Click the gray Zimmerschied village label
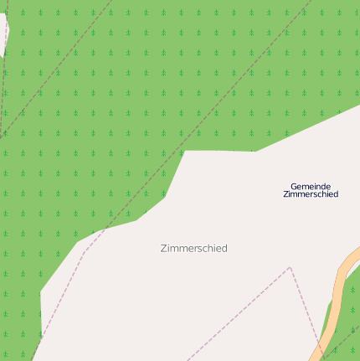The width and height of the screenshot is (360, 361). [193, 249]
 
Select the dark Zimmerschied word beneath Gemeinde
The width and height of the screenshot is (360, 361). [310, 194]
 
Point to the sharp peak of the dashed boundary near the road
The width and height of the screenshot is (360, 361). [290, 268]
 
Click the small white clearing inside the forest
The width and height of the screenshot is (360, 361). [3, 34]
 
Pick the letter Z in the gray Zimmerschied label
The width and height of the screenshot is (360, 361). [162, 249]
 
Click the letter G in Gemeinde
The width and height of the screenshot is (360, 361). [294, 186]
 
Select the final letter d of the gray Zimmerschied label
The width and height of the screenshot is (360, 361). [224, 249]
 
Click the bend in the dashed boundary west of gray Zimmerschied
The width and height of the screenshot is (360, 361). [84, 251]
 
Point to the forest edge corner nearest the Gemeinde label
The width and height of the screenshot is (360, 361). [255, 152]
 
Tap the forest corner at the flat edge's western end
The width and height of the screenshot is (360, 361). [185, 151]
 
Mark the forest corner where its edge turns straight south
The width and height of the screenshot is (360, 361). [40, 291]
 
